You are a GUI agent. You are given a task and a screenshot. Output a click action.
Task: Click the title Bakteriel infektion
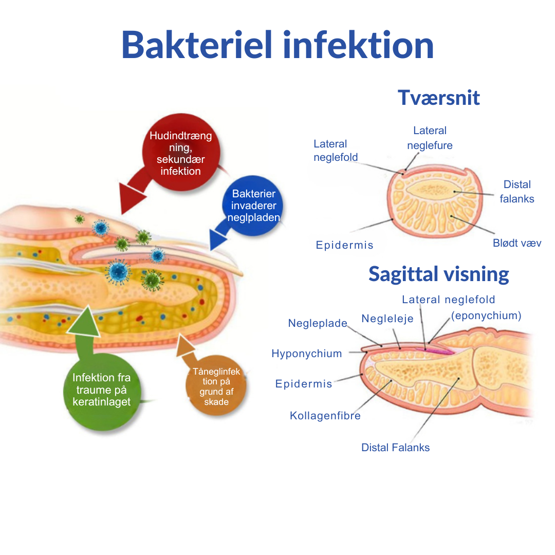277,45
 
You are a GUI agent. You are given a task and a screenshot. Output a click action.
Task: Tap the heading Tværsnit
439,98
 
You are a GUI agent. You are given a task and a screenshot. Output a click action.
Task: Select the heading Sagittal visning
438,274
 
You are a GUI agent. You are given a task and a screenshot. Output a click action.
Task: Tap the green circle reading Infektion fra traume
101,390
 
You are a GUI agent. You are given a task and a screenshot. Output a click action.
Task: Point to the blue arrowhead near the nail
220,239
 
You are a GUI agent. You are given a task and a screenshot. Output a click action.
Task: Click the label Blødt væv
517,243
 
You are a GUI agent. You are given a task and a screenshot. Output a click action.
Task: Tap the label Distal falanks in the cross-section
517,191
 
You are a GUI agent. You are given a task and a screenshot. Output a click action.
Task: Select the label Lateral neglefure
430,138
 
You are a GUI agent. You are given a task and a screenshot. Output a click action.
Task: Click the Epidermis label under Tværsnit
344,245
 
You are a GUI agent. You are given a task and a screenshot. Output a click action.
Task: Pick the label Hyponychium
306,354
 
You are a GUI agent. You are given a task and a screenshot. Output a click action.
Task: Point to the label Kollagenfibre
325,416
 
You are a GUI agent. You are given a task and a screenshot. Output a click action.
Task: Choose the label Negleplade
318,323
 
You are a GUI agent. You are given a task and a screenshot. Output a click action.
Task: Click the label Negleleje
387,319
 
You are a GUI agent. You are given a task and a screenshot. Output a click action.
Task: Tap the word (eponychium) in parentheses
486,316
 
